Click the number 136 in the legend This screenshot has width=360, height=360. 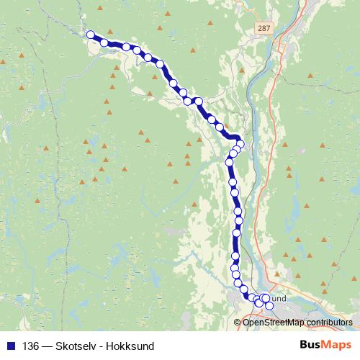pos(30,345)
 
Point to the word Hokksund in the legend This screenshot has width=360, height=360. pos(130,345)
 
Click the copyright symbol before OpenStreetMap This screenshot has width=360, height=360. pos(238,323)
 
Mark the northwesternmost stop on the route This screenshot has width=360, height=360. pos(91,35)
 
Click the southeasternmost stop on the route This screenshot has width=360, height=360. pos(269,306)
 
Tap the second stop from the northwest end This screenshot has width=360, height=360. pos(104,43)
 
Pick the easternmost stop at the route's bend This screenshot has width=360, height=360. pos(240,144)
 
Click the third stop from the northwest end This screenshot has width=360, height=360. pos(126,48)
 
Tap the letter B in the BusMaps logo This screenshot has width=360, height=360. pos(304,345)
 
